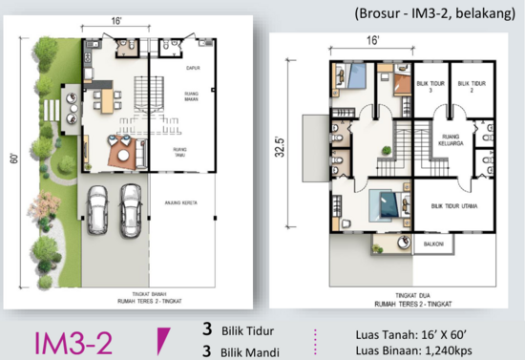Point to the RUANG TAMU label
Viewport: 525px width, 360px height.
pos(178,151)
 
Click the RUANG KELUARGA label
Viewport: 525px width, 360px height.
pos(449,136)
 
